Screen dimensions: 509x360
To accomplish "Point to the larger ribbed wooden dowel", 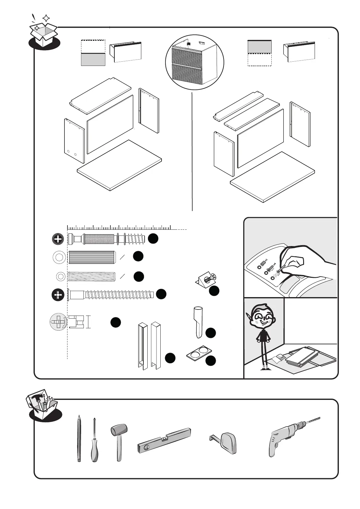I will pyautogui.click(x=92, y=257).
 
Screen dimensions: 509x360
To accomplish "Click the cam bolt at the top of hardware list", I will pyautogui.click(x=106, y=239).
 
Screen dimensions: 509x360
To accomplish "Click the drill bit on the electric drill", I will pyautogui.click(x=313, y=421).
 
